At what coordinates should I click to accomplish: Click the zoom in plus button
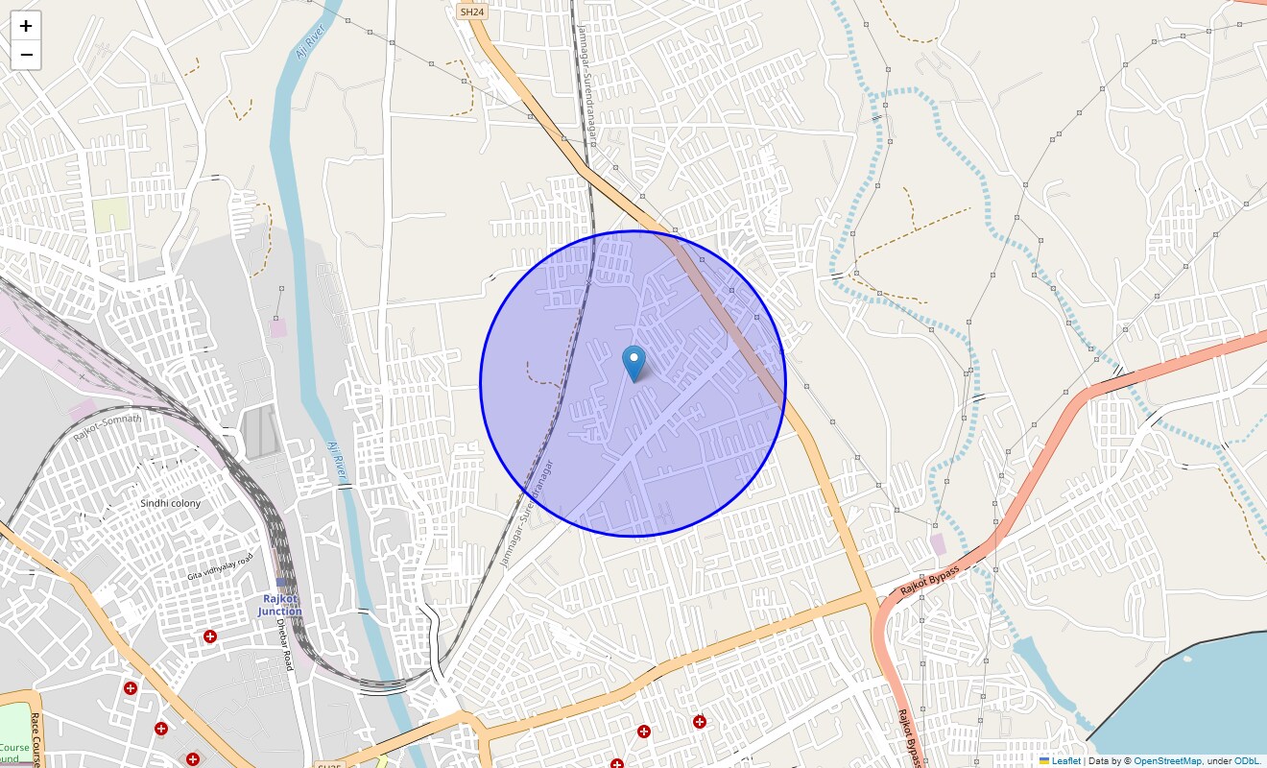pyautogui.click(x=26, y=26)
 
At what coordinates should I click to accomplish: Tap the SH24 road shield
pyautogui.click(x=470, y=12)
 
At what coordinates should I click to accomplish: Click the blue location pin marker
pyautogui.click(x=633, y=363)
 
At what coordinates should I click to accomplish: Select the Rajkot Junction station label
pyautogui.click(x=279, y=605)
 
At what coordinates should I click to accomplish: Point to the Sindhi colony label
pyautogui.click(x=171, y=503)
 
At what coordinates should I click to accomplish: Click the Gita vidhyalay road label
pyautogui.click(x=221, y=567)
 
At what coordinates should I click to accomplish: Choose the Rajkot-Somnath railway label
pyautogui.click(x=107, y=428)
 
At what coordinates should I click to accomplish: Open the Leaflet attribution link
pyautogui.click(x=1066, y=760)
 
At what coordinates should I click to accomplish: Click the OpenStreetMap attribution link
pyautogui.click(x=1167, y=760)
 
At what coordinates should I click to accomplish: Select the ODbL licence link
pyautogui.click(x=1247, y=760)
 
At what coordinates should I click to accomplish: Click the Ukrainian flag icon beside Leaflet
pyautogui.click(x=1044, y=760)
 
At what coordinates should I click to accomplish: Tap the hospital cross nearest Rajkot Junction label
pyautogui.click(x=210, y=636)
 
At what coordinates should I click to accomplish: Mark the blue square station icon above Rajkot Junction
pyautogui.click(x=281, y=582)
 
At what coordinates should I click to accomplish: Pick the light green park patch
pyautogui.click(x=110, y=215)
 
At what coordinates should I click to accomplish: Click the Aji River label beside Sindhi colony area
pyautogui.click(x=337, y=461)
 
